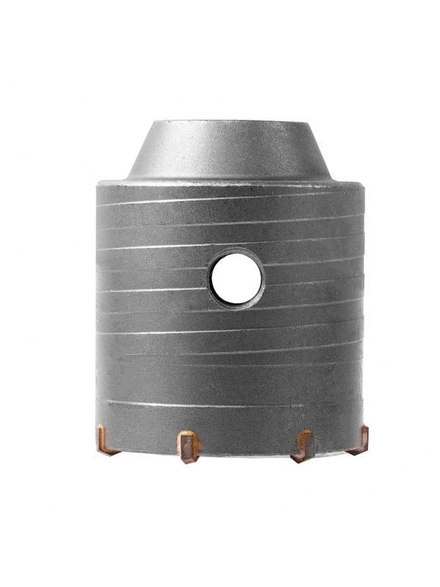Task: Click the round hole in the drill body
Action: [x=236, y=280]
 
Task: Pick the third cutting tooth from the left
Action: [x=303, y=446]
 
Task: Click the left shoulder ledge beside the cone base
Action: [x=114, y=182]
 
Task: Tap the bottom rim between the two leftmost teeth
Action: [x=147, y=448]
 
